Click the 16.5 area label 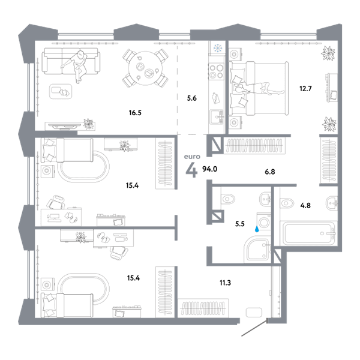(x=135, y=113)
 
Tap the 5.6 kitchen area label (x=192, y=98)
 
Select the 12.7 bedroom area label (x=305, y=88)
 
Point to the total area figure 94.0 (x=209, y=169)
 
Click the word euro (x=192, y=157)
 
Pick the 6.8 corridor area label (x=270, y=172)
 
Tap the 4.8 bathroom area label (x=305, y=205)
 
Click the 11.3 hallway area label (x=225, y=283)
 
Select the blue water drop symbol (x=257, y=229)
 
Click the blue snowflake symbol (x=218, y=48)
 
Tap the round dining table (x=145, y=68)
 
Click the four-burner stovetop (x=216, y=71)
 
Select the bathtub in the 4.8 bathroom (x=308, y=233)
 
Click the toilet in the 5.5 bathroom (x=227, y=199)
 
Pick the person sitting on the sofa (x=76, y=66)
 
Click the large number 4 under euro (x=191, y=171)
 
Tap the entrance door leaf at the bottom (x=254, y=328)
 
